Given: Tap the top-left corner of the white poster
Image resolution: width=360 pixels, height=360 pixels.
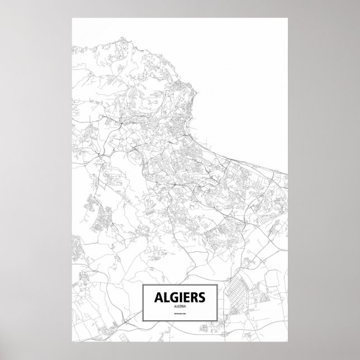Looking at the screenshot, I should click(72, 17).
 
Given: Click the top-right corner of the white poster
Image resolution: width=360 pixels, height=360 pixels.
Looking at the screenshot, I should click(288, 17).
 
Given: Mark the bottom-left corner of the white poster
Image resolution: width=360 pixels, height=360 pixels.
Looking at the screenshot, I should click(72, 342).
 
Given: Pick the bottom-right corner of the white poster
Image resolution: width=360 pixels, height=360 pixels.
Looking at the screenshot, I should click(288, 342).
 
